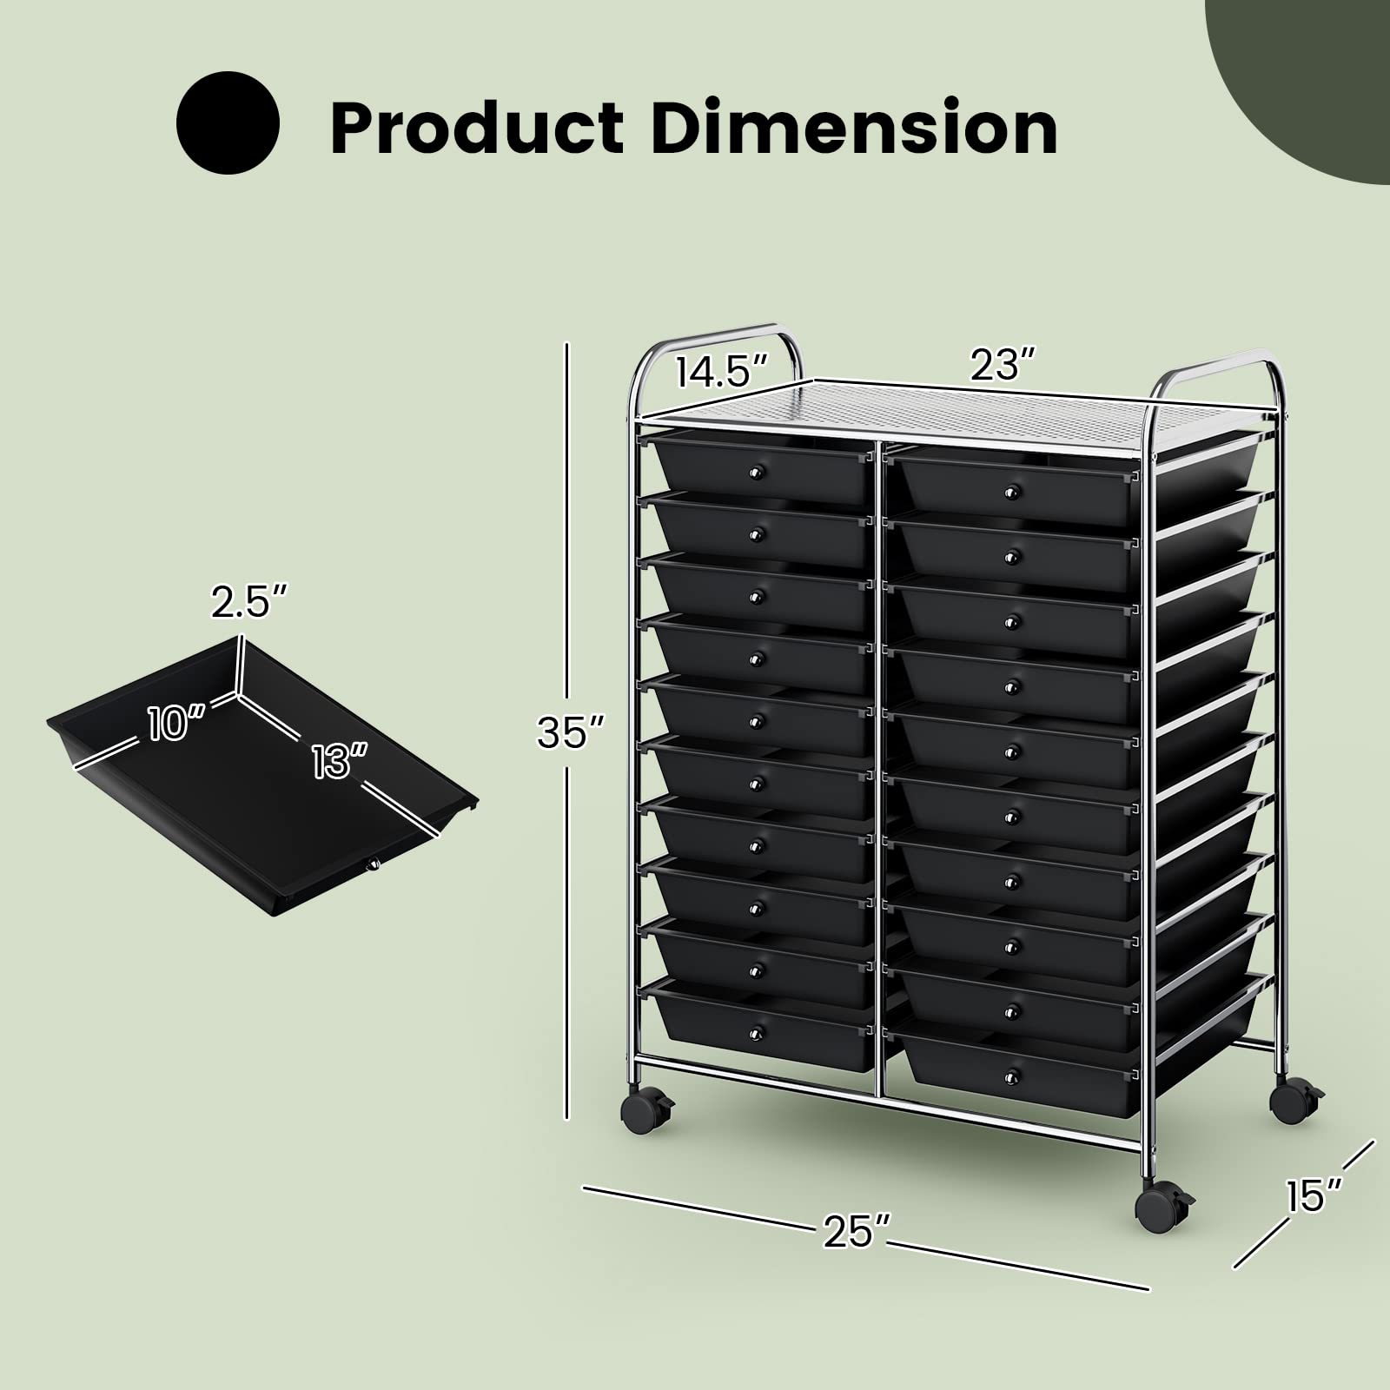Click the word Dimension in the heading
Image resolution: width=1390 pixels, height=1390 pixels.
[x=855, y=129]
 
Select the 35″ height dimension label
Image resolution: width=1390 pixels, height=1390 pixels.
[x=570, y=731]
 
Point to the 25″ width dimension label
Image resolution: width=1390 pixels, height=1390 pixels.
[x=857, y=1230]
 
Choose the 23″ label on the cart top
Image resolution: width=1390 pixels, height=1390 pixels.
[x=1003, y=365]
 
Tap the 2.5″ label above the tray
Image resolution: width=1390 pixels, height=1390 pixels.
[x=249, y=602]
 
